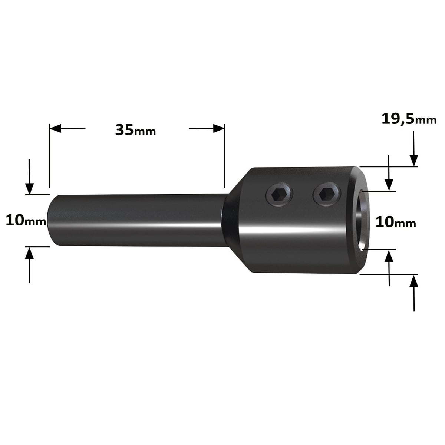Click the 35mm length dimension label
(x=136, y=130)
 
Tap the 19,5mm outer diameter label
(x=409, y=119)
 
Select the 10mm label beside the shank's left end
(x=26, y=220)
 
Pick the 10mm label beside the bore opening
(x=396, y=222)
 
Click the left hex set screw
(x=279, y=194)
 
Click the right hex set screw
(x=327, y=194)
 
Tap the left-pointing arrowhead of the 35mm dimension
(x=55, y=128)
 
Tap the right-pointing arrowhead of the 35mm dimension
(x=219, y=128)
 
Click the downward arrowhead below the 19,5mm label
(x=414, y=160)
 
